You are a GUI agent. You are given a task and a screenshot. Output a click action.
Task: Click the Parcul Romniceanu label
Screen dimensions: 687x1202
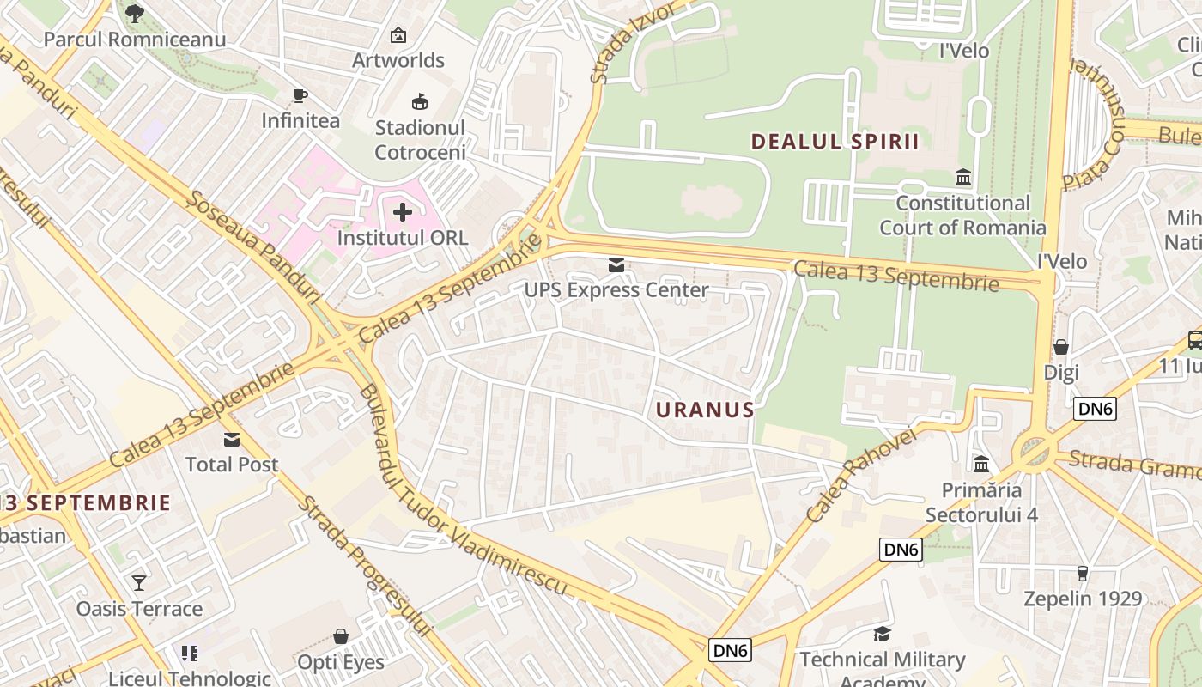(x=135, y=40)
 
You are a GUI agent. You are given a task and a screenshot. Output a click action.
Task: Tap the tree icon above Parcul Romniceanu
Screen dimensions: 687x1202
(x=135, y=14)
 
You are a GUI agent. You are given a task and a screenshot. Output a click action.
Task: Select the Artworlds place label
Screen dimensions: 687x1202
(x=398, y=60)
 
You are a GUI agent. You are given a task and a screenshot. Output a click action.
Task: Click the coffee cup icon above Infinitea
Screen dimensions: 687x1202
(x=300, y=95)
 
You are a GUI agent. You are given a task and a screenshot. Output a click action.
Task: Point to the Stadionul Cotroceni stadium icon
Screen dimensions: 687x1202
(x=420, y=103)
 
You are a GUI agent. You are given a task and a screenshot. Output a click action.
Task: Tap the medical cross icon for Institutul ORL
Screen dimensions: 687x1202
(x=402, y=211)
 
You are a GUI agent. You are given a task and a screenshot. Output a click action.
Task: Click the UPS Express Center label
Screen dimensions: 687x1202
(x=616, y=290)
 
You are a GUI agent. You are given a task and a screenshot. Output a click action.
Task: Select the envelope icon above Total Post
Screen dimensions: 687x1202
(x=232, y=440)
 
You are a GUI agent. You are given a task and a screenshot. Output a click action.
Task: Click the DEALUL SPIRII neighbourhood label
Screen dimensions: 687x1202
(x=835, y=142)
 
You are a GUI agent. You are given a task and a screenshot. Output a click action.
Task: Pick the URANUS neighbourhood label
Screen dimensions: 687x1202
(x=705, y=410)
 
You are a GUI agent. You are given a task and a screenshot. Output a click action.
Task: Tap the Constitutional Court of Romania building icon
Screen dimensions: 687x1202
(x=963, y=178)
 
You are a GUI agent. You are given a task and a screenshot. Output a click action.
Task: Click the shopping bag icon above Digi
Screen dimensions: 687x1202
(x=1061, y=347)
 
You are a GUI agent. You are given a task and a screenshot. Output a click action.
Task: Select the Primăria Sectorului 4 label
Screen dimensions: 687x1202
(x=982, y=502)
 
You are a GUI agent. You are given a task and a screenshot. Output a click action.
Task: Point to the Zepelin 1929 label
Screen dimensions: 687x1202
(x=1082, y=599)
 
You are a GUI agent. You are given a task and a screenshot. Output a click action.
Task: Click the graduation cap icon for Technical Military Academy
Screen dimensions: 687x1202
(x=882, y=634)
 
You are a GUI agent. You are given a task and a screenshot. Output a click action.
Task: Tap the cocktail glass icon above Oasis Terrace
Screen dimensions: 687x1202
(x=139, y=583)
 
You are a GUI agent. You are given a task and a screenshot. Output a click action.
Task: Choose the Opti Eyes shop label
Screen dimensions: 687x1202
(x=341, y=662)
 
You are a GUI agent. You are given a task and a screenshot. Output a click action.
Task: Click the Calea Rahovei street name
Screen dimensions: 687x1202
(x=862, y=475)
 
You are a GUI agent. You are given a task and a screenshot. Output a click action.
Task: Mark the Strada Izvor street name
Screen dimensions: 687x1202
(x=634, y=43)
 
